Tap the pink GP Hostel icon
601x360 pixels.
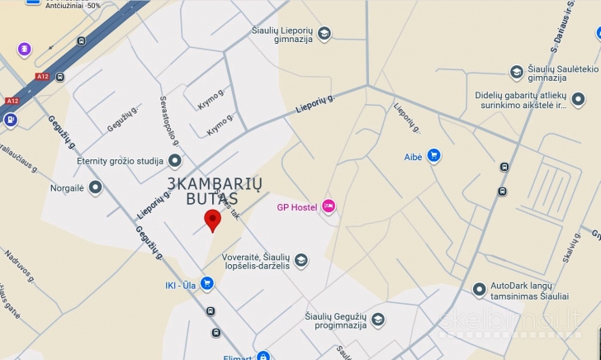pyautogui.click(x=329, y=206)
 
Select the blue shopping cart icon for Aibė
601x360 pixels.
pyautogui.click(x=433, y=155)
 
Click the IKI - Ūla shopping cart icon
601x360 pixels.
pyautogui.click(x=206, y=285)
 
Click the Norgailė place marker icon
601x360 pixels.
pyautogui.click(x=96, y=187)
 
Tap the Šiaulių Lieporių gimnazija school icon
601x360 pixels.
pyautogui.click(x=324, y=34)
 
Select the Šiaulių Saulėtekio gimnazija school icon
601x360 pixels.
pyautogui.click(x=517, y=73)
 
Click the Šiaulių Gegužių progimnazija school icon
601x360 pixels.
pyautogui.click(x=378, y=320)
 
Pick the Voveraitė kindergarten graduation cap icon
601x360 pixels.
pyautogui.click(x=301, y=261)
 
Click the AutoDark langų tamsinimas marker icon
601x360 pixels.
pyautogui.click(x=480, y=289)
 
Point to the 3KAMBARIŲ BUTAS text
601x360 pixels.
pyautogui.click(x=203, y=191)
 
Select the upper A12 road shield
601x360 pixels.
pyautogui.click(x=43, y=77)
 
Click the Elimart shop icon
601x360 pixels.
pyautogui.click(x=263, y=357)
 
